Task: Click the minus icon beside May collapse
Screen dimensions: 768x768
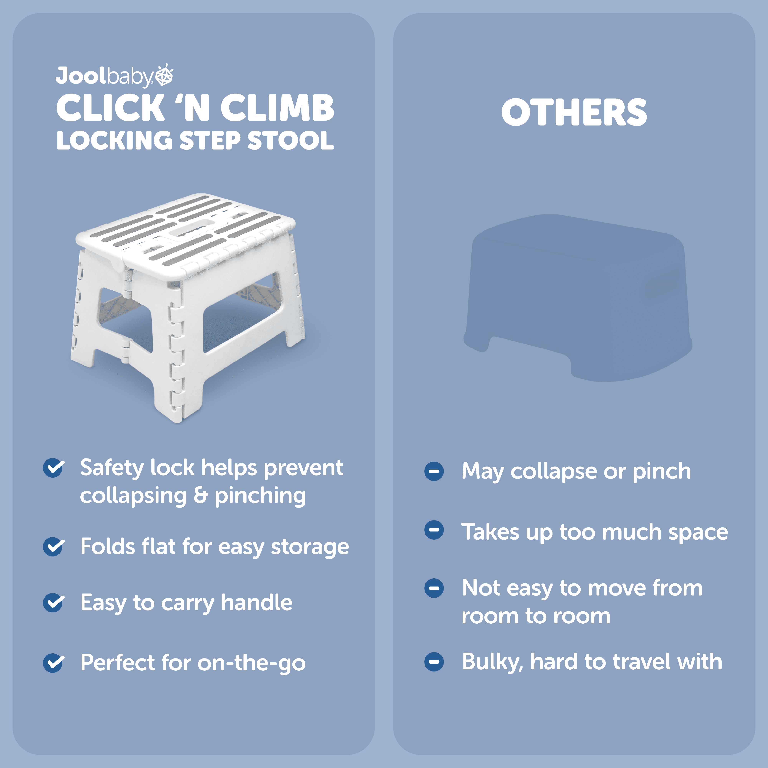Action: coord(434,471)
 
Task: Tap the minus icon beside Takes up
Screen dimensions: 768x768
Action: coord(434,530)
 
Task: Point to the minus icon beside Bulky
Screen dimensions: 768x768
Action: coord(434,662)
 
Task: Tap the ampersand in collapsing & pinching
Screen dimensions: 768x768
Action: coord(201,495)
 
